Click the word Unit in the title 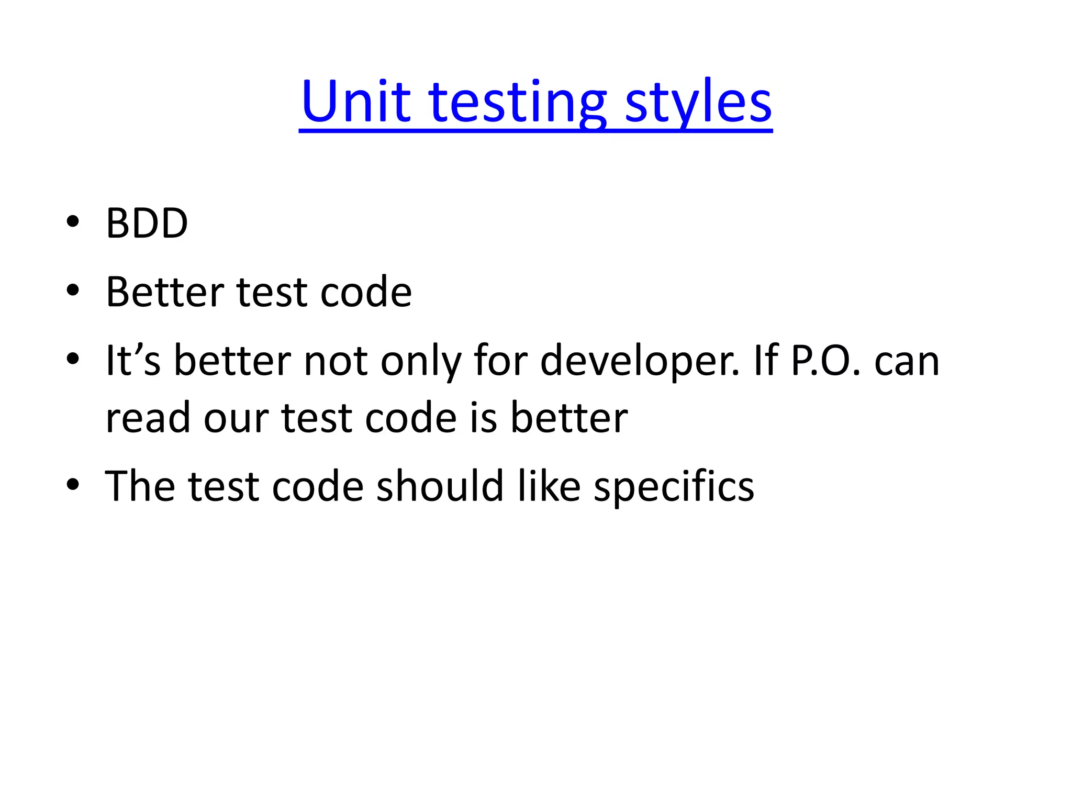[x=355, y=102]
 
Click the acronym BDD [x=147, y=224]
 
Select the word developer [x=640, y=361]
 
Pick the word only [x=421, y=361]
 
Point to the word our [x=236, y=419]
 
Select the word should [x=440, y=486]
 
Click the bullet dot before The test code [x=73, y=484]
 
